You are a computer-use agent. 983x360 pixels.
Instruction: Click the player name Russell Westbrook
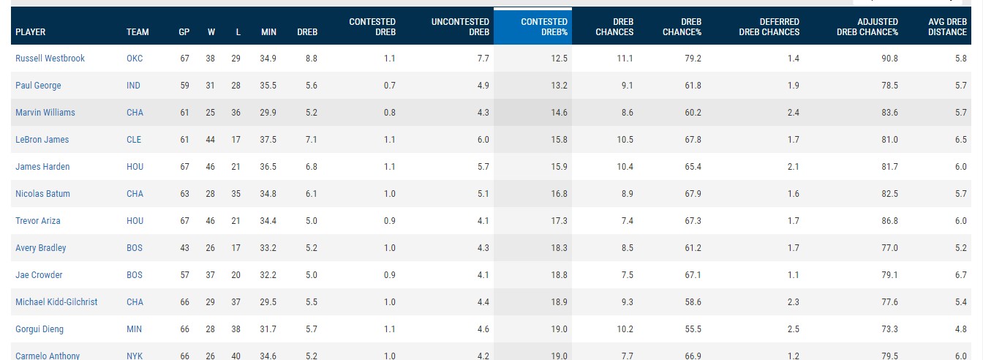click(50, 59)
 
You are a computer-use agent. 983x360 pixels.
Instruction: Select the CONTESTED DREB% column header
click(543, 27)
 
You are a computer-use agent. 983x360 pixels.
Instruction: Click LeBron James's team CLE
click(134, 140)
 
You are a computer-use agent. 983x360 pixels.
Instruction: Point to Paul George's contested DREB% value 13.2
click(559, 86)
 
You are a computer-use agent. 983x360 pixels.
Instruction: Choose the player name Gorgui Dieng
click(39, 329)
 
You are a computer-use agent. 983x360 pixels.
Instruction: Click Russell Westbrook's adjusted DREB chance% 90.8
click(889, 59)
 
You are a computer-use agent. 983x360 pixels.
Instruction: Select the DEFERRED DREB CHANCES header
click(769, 27)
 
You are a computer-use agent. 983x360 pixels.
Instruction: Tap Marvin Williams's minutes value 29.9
click(268, 113)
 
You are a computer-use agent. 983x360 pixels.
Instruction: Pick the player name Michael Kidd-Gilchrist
click(56, 302)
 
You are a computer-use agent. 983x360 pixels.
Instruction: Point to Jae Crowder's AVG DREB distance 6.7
click(960, 275)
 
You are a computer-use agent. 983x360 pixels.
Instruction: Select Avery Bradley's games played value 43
click(184, 248)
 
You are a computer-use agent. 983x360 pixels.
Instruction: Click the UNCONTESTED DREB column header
click(460, 27)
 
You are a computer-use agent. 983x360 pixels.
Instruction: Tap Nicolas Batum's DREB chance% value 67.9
click(692, 194)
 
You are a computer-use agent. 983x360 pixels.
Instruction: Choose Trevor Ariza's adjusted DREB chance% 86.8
click(889, 221)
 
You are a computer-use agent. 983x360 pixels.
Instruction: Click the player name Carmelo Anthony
click(48, 356)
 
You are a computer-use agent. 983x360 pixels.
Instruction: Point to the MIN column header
click(268, 32)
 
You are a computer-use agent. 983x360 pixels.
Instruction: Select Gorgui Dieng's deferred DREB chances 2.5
click(793, 329)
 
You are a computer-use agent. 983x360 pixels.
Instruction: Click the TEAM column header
click(138, 32)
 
